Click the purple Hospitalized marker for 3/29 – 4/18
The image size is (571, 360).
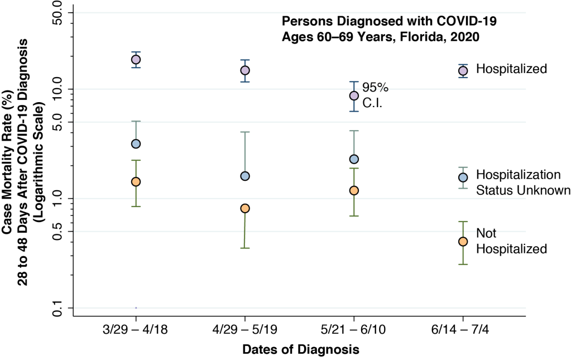[x=135, y=60]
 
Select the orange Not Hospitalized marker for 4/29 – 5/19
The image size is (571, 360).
[x=244, y=208]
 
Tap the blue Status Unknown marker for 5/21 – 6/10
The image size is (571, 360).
[x=353, y=159]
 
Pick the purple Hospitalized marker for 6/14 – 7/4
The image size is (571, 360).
[x=463, y=70]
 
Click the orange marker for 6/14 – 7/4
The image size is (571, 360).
[x=463, y=241]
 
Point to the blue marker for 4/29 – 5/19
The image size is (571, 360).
[x=244, y=176]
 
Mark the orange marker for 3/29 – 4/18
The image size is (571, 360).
[x=135, y=182]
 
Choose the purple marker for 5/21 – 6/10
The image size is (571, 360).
[x=353, y=95]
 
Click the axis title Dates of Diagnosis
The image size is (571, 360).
[x=300, y=350]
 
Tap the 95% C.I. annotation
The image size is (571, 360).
[x=375, y=95]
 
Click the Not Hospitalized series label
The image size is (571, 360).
[x=511, y=241]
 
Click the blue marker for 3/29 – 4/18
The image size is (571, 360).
[x=135, y=143]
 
